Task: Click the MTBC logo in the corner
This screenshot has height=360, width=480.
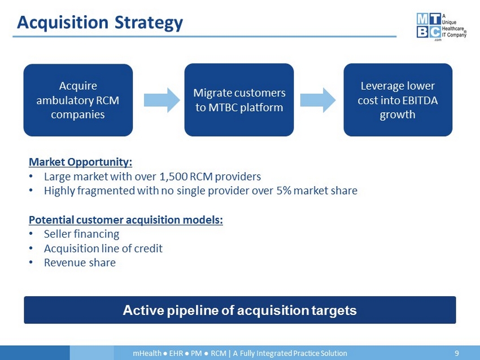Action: pyautogui.click(x=441, y=27)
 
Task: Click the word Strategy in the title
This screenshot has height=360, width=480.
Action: pyautogui.click(x=149, y=23)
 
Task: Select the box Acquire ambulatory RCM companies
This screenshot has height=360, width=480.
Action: pyautogui.click(x=78, y=100)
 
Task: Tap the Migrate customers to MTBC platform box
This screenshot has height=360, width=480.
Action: pyautogui.click(x=239, y=100)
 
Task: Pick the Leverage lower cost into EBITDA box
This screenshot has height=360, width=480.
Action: pyautogui.click(x=398, y=100)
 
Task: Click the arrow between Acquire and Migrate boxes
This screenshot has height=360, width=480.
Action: pyautogui.click(x=162, y=100)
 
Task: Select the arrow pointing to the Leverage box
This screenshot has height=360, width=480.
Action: pyautogui.click(x=318, y=100)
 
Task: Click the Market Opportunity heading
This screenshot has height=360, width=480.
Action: pyautogui.click(x=81, y=162)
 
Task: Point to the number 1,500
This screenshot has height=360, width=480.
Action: pyautogui.click(x=173, y=177)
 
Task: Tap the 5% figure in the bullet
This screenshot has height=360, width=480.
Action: pyautogui.click(x=283, y=191)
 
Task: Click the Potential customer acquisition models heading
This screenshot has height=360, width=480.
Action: pyautogui.click(x=126, y=220)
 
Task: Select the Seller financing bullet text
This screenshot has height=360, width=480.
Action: pyautogui.click(x=82, y=234)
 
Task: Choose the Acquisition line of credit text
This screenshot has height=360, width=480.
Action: pyautogui.click(x=103, y=249)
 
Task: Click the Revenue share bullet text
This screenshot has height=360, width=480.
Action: pyautogui.click(x=80, y=263)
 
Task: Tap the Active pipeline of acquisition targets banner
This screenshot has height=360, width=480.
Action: pyautogui.click(x=240, y=310)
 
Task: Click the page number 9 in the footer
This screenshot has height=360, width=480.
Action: pyautogui.click(x=457, y=353)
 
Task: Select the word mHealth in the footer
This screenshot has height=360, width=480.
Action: pyautogui.click(x=147, y=353)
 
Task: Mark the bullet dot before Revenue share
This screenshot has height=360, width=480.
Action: pyautogui.click(x=30, y=263)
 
